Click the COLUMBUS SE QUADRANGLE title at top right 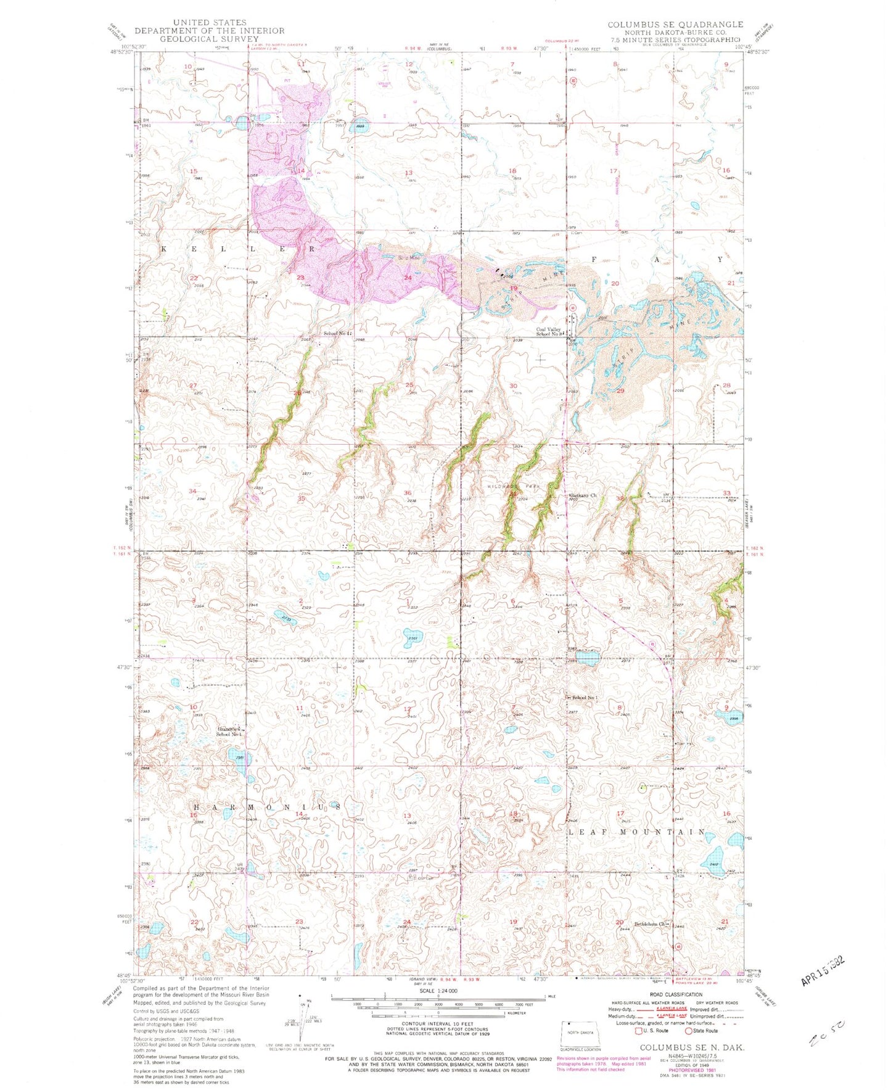tap(675, 25)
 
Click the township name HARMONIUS tap(266, 807)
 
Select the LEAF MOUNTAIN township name tap(635, 832)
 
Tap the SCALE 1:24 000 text tap(431, 991)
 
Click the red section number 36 tap(407, 493)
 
